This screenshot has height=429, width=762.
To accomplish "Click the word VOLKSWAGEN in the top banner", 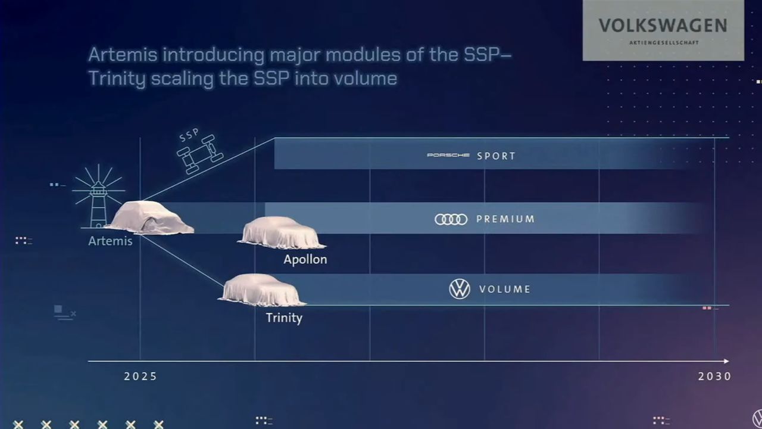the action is (x=663, y=26).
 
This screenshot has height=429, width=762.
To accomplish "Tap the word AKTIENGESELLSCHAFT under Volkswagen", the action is (x=664, y=42).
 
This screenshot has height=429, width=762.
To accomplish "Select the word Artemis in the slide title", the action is (x=123, y=54).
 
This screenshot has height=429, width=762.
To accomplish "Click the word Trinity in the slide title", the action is (x=117, y=79).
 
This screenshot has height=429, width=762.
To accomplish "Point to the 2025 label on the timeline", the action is (x=140, y=376).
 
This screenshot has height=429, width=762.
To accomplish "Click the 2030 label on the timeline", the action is (x=714, y=376).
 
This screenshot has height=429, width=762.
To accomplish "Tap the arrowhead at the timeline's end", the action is (x=726, y=361).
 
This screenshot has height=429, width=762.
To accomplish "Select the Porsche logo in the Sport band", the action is (x=448, y=156).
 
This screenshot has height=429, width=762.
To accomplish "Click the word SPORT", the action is (x=496, y=156).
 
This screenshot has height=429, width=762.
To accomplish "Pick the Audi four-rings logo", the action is (x=451, y=219).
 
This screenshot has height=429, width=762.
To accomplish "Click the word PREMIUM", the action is (x=505, y=219).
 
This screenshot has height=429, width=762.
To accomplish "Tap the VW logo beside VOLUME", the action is (x=460, y=289).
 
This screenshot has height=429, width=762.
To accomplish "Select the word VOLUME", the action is (x=505, y=289).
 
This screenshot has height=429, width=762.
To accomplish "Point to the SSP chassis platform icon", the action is (x=200, y=154).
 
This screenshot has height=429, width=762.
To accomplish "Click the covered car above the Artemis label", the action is (x=149, y=218).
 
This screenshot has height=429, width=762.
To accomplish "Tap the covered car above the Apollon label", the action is (x=282, y=233).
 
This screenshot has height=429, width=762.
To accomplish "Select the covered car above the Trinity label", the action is (x=262, y=290).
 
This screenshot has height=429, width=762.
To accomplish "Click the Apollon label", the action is (x=305, y=260).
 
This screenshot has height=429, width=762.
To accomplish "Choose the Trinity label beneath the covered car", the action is (x=284, y=318).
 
